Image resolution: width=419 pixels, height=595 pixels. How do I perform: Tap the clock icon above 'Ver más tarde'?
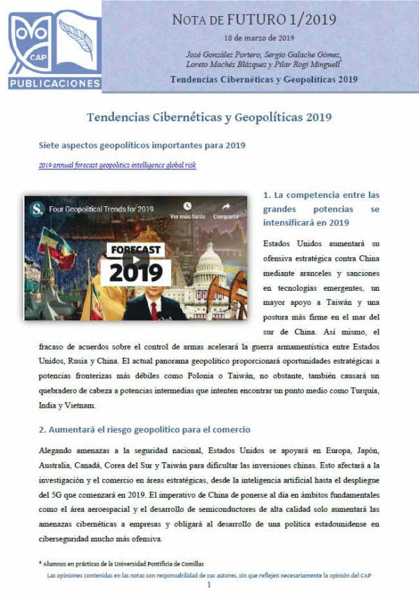(187, 206)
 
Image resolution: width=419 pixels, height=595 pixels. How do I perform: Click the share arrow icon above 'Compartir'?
(226, 206)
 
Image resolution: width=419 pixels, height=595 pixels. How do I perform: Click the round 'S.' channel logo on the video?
(37, 208)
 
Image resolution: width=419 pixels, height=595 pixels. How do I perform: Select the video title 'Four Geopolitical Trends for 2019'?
(101, 209)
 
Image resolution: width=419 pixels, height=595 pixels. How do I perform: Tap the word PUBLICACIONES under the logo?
(55, 83)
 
